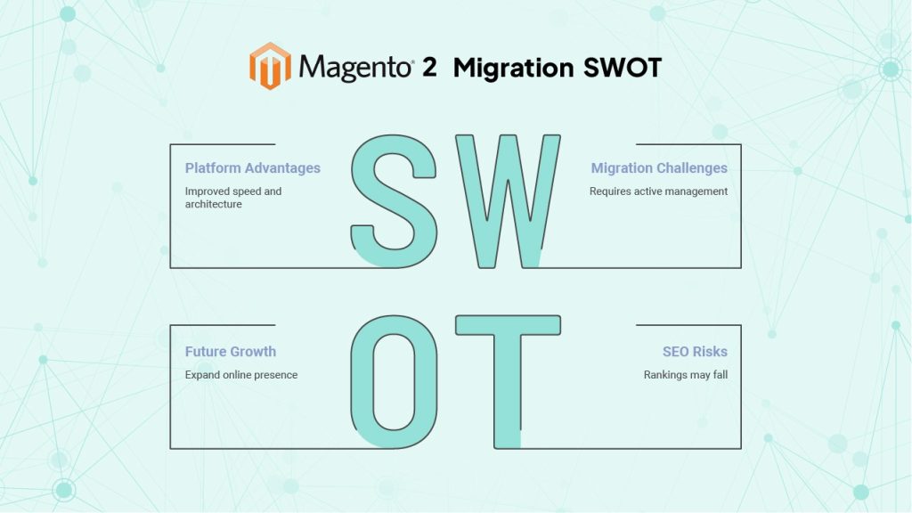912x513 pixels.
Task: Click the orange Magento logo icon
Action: (270, 66)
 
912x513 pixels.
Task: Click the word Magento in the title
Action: (354, 68)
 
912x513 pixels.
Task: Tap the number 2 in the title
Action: (429, 67)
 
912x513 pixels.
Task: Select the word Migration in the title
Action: (514, 68)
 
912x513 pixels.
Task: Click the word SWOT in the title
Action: (623, 68)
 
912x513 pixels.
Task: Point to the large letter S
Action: (395, 201)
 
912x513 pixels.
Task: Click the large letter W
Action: (508, 201)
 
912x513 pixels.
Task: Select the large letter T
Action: (508, 382)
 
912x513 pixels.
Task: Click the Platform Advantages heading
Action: (252, 168)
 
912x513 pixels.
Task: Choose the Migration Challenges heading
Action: (659, 168)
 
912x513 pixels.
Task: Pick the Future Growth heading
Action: (231, 351)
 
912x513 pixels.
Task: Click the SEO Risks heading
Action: (695, 351)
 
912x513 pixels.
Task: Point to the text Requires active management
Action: (658, 191)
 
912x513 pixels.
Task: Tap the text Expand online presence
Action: (241, 375)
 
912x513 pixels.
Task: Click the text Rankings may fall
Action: (686, 375)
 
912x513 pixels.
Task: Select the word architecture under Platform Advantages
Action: (214, 204)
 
